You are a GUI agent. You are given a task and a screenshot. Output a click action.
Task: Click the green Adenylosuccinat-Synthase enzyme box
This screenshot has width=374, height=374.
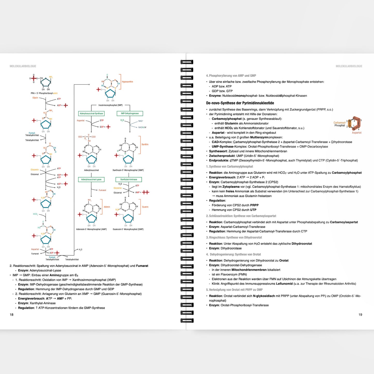pyautogui.click(x=91, y=113)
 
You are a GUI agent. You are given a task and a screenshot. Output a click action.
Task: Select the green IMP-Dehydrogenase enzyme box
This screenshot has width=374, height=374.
pyautogui.click(x=130, y=113)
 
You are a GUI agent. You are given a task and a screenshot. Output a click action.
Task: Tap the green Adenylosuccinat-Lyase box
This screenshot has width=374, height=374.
pyautogui.click(x=91, y=179)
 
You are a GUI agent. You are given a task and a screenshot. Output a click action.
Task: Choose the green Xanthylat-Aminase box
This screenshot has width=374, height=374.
pyautogui.click(x=129, y=179)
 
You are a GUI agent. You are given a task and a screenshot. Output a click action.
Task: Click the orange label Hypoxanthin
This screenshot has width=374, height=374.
pyautogui.click(x=127, y=82)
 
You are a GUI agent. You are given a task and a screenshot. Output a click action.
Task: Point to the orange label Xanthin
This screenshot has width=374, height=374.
pyautogui.click(x=145, y=144)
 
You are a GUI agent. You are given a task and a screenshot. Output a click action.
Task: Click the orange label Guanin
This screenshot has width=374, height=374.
pyautogui.click(x=145, y=207)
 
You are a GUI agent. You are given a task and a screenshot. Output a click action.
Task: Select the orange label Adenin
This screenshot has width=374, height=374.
pyautogui.click(x=107, y=207)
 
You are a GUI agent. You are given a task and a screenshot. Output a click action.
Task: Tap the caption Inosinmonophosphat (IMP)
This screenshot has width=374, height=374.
pyautogui.click(x=111, y=105)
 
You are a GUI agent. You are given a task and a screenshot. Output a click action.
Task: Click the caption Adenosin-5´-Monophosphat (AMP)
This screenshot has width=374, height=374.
pyautogui.click(x=91, y=229)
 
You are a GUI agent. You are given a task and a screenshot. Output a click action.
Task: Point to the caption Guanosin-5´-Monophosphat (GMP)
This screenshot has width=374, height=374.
pyautogui.click(x=128, y=229)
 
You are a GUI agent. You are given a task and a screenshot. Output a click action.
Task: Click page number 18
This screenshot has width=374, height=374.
pyautogui.click(x=12, y=314)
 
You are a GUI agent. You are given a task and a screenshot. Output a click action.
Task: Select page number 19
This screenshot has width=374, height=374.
pyautogui.click(x=360, y=314)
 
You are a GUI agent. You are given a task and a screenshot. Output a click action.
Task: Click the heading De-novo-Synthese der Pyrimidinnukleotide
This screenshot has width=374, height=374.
pyautogui.click(x=240, y=103)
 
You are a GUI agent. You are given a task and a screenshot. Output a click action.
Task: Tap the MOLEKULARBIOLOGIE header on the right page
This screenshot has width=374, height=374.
pyautogui.click(x=349, y=66)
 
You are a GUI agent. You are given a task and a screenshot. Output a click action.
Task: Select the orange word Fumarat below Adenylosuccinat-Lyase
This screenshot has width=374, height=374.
pyautogui.click(x=102, y=190)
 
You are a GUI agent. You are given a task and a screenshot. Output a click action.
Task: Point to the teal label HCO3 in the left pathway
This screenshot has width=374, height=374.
pyautogui.click(x=35, y=214)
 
